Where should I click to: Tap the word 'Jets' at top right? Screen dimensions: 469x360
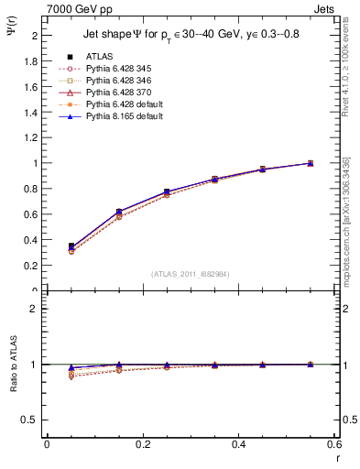coord(325,7)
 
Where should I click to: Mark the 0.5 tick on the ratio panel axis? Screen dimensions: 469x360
coord(32,420)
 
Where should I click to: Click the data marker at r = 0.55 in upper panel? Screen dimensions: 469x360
coord(310,163)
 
